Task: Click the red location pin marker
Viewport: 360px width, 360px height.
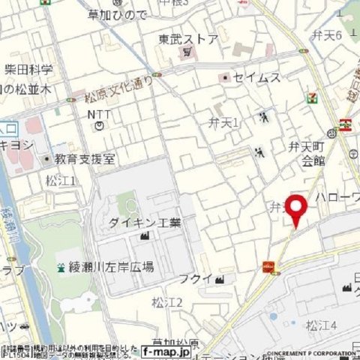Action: click(x=296, y=208)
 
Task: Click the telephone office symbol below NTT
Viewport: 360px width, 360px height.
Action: click(x=99, y=127)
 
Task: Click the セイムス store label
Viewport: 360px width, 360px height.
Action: click(x=258, y=77)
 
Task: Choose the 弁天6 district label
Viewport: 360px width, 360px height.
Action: click(x=327, y=35)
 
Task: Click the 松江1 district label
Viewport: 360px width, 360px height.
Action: click(x=61, y=180)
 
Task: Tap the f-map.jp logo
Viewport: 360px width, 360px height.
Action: click(x=165, y=350)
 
